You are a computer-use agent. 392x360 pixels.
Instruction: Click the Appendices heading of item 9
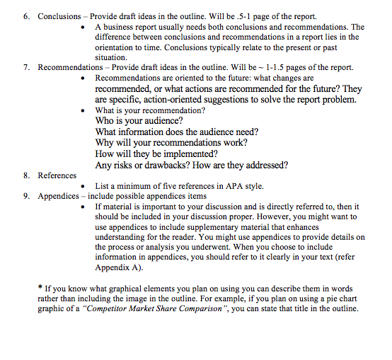tap(59, 196)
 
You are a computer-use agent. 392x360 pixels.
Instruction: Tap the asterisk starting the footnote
tap(40, 288)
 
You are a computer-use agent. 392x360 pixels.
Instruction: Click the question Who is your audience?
tap(134, 121)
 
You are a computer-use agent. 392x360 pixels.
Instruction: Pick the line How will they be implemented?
tap(156, 153)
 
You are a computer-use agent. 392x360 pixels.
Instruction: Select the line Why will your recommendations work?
tap(171, 142)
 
